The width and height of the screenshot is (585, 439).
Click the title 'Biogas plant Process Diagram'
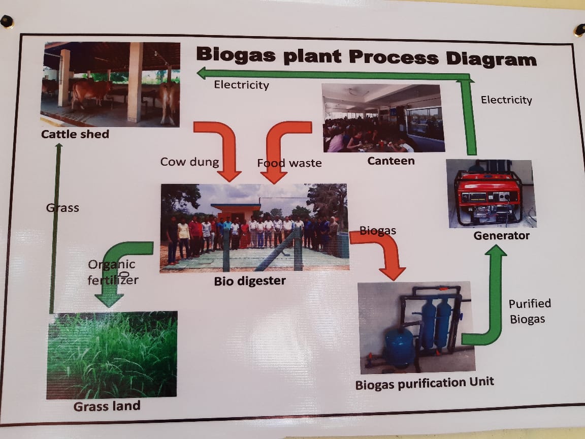click(366, 56)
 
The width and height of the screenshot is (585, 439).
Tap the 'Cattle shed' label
click(75, 135)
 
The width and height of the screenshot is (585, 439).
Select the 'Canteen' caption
click(391, 161)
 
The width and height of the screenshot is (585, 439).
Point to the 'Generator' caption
click(501, 236)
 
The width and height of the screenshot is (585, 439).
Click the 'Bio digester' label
click(250, 280)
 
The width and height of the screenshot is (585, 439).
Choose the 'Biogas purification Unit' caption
click(425, 383)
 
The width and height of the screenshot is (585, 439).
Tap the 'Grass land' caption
click(107, 406)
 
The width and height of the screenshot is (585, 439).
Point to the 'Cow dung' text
click(189, 162)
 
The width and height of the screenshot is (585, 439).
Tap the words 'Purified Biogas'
click(529, 311)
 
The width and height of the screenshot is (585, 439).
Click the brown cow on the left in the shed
click(90, 92)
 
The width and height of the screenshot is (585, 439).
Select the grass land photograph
click(112, 355)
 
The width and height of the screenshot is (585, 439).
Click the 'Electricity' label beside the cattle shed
click(241, 85)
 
